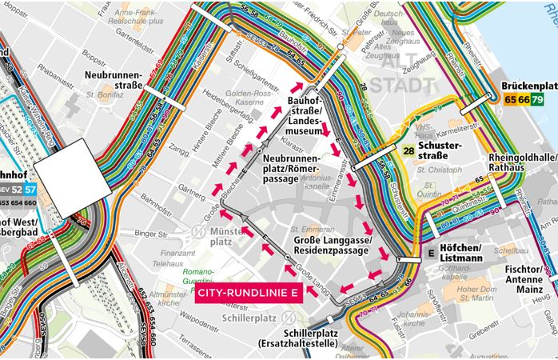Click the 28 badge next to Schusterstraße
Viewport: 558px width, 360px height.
(x=409, y=150)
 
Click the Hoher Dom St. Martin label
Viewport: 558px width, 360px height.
(x=479, y=294)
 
